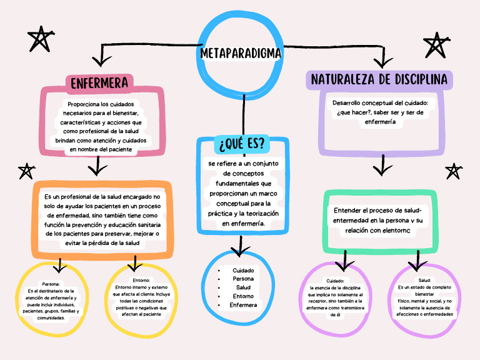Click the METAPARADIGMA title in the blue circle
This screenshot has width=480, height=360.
pyautogui.click(x=241, y=54)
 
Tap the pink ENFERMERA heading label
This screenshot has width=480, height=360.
pyautogui.click(x=99, y=83)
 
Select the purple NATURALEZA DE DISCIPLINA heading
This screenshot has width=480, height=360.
pyautogui.click(x=379, y=80)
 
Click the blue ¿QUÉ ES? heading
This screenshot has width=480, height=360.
pyautogui.click(x=242, y=144)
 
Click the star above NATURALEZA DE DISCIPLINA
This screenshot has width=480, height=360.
pyautogui.click(x=436, y=45)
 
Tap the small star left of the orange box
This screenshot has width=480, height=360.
pyautogui.click(x=26, y=170)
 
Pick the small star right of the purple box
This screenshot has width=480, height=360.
pyautogui.click(x=453, y=171)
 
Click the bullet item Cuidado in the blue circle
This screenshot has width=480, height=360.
pyautogui.click(x=242, y=270)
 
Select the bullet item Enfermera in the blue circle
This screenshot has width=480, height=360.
pyautogui.click(x=243, y=305)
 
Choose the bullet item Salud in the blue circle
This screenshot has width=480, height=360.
pyautogui.click(x=242, y=287)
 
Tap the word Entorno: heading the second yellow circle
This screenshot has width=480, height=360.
pyautogui.click(x=142, y=280)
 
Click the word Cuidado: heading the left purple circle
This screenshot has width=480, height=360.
pyautogui.click(x=335, y=281)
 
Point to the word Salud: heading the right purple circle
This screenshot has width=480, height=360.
pyautogui.click(x=425, y=280)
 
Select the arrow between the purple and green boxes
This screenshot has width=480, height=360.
pyautogui.click(x=382, y=166)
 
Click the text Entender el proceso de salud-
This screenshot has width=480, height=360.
pyautogui.click(x=377, y=210)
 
